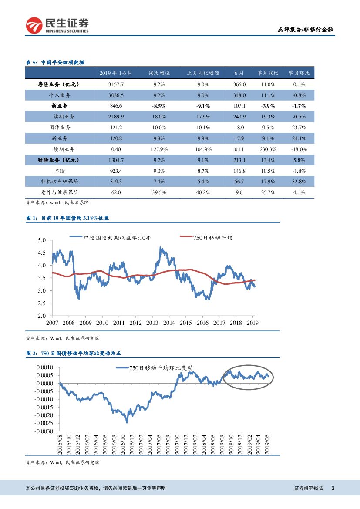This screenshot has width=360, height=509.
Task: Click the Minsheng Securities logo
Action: click(57, 25)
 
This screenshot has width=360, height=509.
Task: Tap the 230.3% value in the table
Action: click(267, 149)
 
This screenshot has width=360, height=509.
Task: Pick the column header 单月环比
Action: click(299, 73)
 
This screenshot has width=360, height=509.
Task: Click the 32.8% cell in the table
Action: click(299, 182)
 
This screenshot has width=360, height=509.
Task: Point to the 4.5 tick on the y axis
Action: click(42, 253)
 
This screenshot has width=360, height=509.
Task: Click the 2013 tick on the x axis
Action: click(152, 323)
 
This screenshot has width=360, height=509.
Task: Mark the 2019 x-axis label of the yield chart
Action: click(253, 323)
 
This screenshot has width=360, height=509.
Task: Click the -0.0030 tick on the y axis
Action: click(44, 431)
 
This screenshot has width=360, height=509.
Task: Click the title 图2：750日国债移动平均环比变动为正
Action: click(76, 353)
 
